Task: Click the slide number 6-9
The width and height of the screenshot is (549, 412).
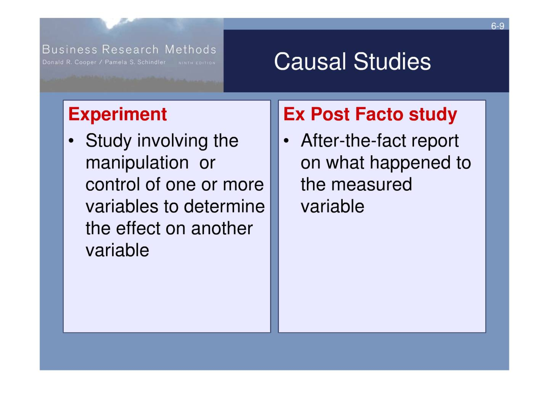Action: pyautogui.click(x=498, y=26)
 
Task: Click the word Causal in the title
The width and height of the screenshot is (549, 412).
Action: pyautogui.click(x=310, y=62)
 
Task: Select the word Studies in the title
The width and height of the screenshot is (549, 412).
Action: pyautogui.click(x=392, y=62)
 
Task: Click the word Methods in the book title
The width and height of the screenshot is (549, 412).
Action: pyautogui.click(x=190, y=49)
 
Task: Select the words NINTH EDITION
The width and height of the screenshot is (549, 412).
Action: pyautogui.click(x=197, y=63)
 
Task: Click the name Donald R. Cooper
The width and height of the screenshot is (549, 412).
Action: pyautogui.click(x=69, y=62)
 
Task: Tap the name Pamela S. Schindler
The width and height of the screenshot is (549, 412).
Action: pyautogui.click(x=135, y=62)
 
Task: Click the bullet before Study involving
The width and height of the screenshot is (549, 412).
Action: pyautogui.click(x=71, y=141)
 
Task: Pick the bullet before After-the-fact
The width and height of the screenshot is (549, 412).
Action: pyautogui.click(x=286, y=141)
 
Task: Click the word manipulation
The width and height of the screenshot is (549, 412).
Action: pyautogui.click(x=137, y=163)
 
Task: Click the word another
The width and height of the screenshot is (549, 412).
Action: pyautogui.click(x=222, y=229)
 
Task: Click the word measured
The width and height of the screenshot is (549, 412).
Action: pyautogui.click(x=372, y=185)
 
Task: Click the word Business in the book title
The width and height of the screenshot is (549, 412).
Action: pyautogui.click(x=70, y=49)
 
